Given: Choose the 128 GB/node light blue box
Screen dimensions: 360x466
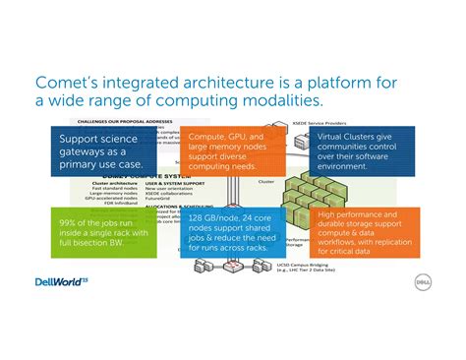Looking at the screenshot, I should pyautogui.click(x=230, y=231).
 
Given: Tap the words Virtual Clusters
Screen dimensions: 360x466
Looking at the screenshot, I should pyautogui.click(x=345, y=136).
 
